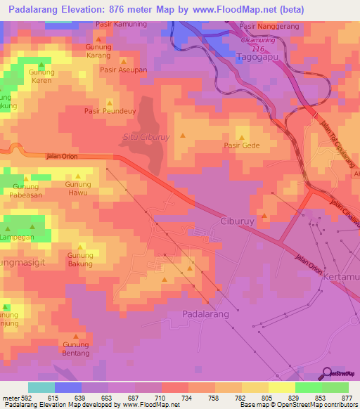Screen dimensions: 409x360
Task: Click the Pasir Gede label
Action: click(242, 146)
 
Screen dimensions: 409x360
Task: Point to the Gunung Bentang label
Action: click(76, 349)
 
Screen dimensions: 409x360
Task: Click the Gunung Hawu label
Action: click(78, 188)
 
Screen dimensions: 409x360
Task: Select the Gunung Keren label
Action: click(41, 76)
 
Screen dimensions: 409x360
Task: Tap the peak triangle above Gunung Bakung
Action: click(81, 247)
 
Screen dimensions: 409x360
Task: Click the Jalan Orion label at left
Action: click(60, 156)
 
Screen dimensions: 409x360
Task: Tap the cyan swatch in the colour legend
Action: click(41, 387)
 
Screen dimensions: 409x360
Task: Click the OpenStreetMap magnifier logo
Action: click(327, 374)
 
